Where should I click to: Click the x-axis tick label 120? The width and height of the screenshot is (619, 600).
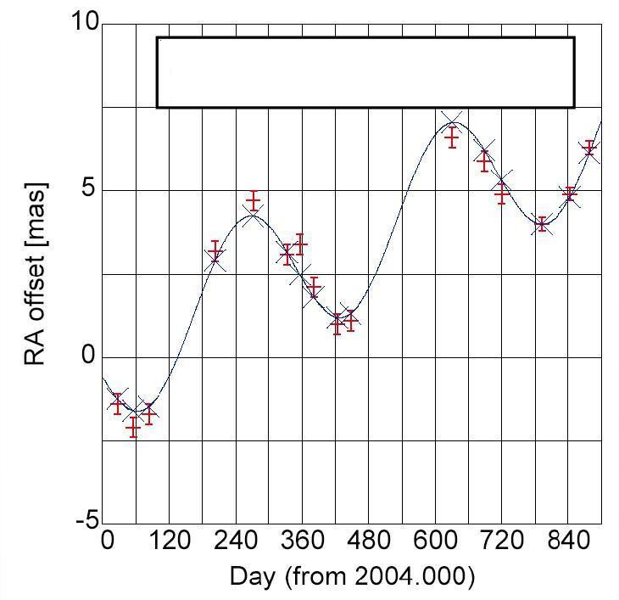(170, 541)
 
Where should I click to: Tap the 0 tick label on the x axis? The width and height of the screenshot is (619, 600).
(108, 541)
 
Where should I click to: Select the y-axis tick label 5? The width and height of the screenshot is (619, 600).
(89, 190)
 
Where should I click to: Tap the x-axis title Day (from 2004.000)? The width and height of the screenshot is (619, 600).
(352, 577)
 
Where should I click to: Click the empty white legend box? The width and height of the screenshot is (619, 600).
(365, 72)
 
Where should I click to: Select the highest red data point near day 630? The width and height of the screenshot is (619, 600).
(452, 137)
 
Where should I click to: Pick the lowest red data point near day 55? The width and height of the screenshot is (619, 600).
(133, 428)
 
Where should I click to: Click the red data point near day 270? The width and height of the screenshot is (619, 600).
(253, 200)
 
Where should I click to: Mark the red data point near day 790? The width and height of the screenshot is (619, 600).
(542, 225)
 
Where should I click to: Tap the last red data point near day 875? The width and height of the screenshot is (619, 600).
(589, 150)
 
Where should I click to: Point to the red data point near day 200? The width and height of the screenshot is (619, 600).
(215, 252)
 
